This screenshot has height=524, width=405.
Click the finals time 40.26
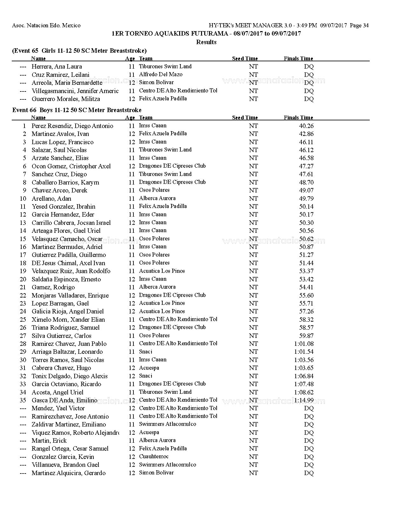[x=306, y=126]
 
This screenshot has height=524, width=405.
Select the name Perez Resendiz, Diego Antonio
[x=72, y=126]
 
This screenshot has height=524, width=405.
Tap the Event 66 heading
[x=77, y=110]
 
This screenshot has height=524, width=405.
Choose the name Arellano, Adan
[x=51, y=199]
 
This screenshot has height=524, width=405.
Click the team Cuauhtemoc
[x=154, y=457]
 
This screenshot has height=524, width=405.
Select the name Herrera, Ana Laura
[x=57, y=67]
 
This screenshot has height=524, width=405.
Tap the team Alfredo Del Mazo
[x=160, y=75]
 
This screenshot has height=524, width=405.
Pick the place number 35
[x=23, y=400]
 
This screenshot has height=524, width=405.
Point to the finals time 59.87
[x=306, y=336]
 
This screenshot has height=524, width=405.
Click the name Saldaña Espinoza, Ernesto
[x=66, y=279]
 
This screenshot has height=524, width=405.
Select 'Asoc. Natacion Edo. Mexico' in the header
[x=46, y=26]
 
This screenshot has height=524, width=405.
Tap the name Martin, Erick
[x=49, y=441]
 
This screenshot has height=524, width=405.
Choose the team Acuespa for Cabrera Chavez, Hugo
[x=149, y=368]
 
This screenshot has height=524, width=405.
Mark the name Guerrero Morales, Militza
[x=66, y=99]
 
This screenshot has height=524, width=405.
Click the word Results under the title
[x=206, y=42]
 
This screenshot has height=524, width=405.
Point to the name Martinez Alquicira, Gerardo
[x=68, y=473]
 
